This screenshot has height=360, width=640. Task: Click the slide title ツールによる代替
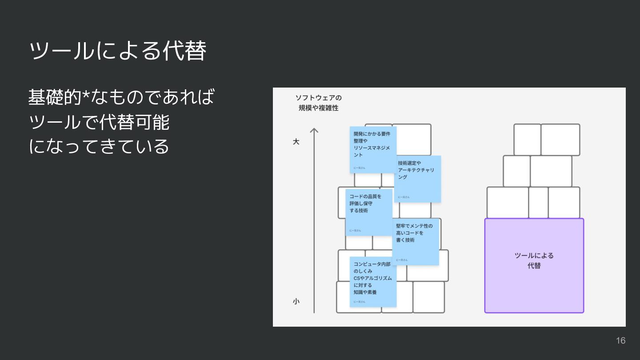click(x=118, y=51)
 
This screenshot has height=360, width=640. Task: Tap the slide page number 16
click(x=620, y=340)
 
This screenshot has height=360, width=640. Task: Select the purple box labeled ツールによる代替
click(x=534, y=265)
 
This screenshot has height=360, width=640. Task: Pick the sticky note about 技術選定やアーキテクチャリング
click(x=417, y=179)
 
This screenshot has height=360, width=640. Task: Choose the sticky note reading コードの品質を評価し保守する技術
click(x=369, y=212)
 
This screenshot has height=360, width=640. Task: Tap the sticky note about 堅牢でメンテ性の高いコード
click(x=416, y=241)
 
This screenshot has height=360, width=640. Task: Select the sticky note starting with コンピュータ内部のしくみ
click(x=373, y=281)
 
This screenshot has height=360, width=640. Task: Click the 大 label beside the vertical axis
click(x=296, y=142)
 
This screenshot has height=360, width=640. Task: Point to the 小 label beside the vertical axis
click(x=296, y=301)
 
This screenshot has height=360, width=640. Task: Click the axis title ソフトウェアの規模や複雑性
click(x=319, y=103)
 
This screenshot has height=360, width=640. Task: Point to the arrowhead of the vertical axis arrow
click(x=314, y=131)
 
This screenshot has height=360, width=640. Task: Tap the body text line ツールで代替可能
click(x=99, y=122)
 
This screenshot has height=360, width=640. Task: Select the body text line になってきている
click(x=99, y=146)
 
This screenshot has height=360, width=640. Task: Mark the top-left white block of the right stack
click(x=527, y=139)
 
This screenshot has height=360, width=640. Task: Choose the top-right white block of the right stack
click(x=560, y=139)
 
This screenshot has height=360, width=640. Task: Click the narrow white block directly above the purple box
click(x=538, y=203)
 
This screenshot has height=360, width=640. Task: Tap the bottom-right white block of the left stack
click(x=428, y=297)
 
